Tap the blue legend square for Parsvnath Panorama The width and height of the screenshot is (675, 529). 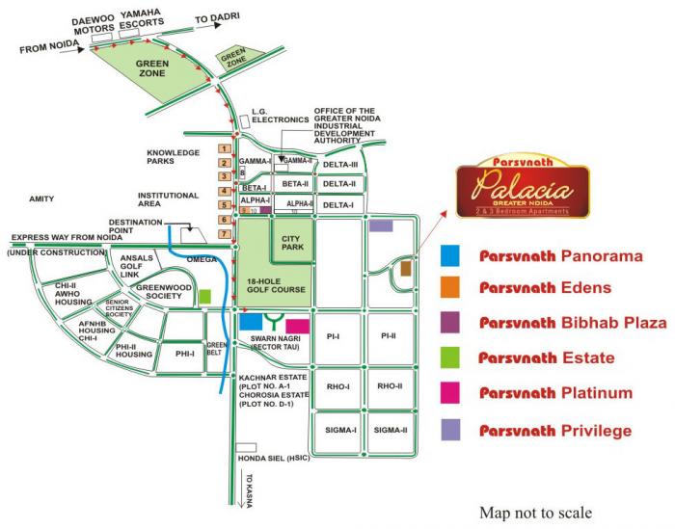[449, 255]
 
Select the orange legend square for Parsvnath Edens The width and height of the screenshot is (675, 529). [449, 289]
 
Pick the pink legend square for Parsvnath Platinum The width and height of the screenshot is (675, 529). [449, 393]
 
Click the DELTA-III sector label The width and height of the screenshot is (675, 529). [339, 165]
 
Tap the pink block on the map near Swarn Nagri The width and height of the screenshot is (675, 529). [298, 325]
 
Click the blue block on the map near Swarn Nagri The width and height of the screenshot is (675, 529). [250, 321]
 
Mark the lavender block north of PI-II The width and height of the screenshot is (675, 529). [381, 225]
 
